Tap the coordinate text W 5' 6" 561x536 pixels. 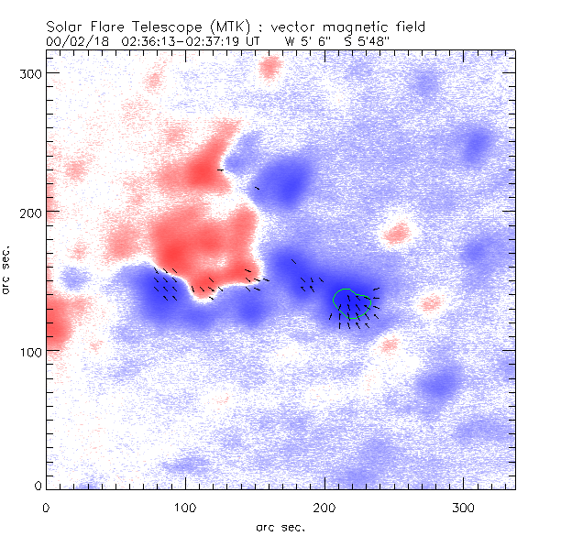coord(308,41)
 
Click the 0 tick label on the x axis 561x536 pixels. coord(46,506)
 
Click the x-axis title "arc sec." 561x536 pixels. coord(280,527)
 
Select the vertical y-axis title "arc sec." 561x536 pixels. coord(7,270)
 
